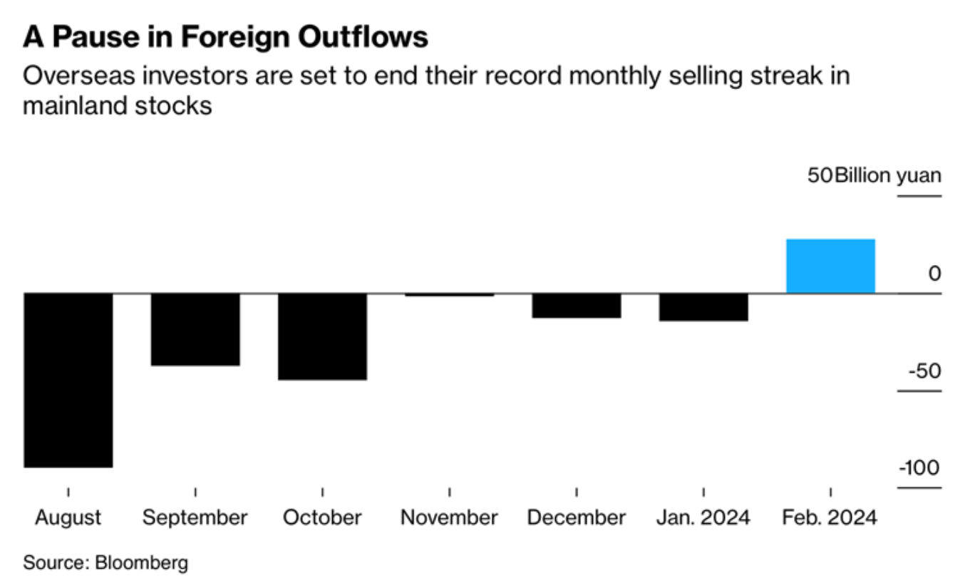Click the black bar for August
[68, 380]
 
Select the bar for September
[195, 329]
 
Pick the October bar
[322, 336]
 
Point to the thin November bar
[449, 294]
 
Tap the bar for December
[576, 305]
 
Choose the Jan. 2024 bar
[703, 307]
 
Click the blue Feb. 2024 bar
[830, 266]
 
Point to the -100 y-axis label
[919, 468]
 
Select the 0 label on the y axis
[934, 274]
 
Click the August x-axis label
[68, 517]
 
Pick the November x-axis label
[449, 517]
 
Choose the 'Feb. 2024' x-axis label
[830, 517]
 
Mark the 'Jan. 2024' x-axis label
[703, 517]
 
